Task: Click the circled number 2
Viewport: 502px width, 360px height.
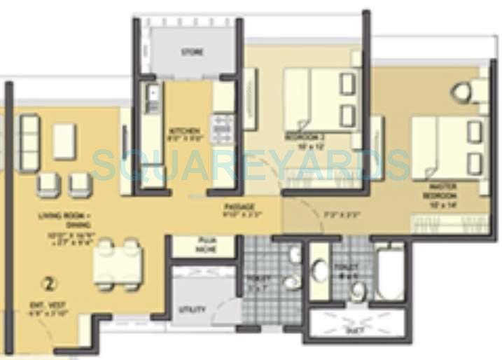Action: [x=48, y=284]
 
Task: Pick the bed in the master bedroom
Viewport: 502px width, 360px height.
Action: [x=448, y=148]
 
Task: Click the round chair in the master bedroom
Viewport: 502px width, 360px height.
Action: [x=462, y=92]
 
